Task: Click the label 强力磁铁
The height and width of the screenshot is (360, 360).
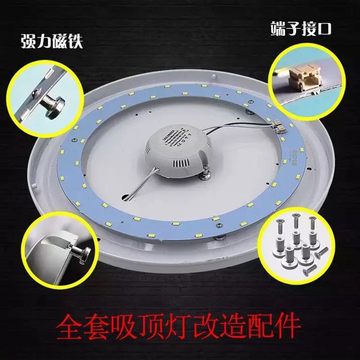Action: point(52,42)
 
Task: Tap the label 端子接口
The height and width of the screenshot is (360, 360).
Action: point(301,29)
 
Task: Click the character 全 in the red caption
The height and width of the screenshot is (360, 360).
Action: point(74,326)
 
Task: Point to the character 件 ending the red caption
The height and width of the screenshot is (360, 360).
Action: point(287,326)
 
